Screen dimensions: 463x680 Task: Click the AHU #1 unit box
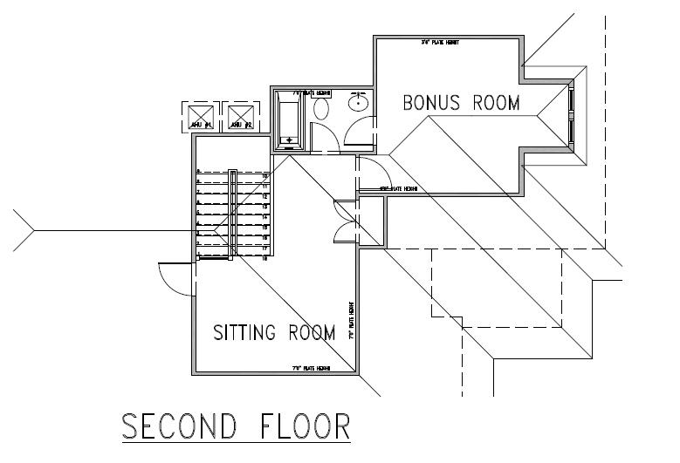(201, 116)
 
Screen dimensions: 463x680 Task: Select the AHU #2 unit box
(241, 116)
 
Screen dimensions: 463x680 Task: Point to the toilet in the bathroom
(320, 109)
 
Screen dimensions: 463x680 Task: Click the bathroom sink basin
(358, 103)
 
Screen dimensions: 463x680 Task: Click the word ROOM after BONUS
(496, 103)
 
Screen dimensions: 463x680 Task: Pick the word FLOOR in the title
(306, 427)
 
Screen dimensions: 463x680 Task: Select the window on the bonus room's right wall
(570, 114)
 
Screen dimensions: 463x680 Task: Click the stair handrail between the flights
(233, 214)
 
